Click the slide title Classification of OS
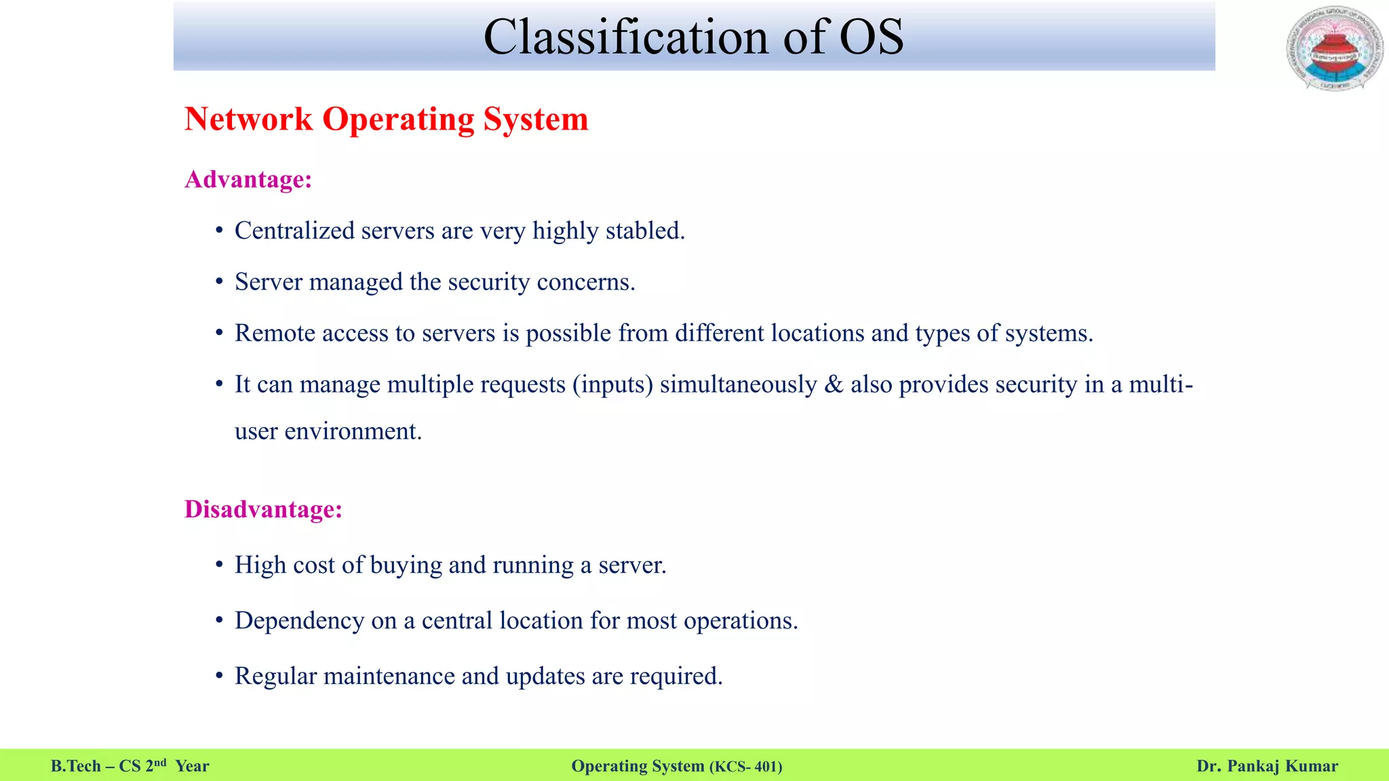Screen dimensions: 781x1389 coord(693,37)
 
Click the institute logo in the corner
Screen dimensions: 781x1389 coord(1334,49)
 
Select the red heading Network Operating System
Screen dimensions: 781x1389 coord(386,119)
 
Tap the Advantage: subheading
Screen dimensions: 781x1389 coord(248,180)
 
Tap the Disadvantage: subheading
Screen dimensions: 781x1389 coord(263,509)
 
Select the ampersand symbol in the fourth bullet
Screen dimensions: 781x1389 coord(834,384)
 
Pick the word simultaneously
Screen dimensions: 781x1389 coord(738,384)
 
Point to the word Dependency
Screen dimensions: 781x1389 coord(299,620)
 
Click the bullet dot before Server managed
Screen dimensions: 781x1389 coord(219,282)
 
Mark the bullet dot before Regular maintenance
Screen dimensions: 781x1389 coord(219,676)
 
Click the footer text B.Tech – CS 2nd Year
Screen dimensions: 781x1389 coord(130,766)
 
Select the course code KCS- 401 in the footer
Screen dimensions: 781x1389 coord(746,767)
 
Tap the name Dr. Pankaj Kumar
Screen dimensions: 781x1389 coord(1267,766)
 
